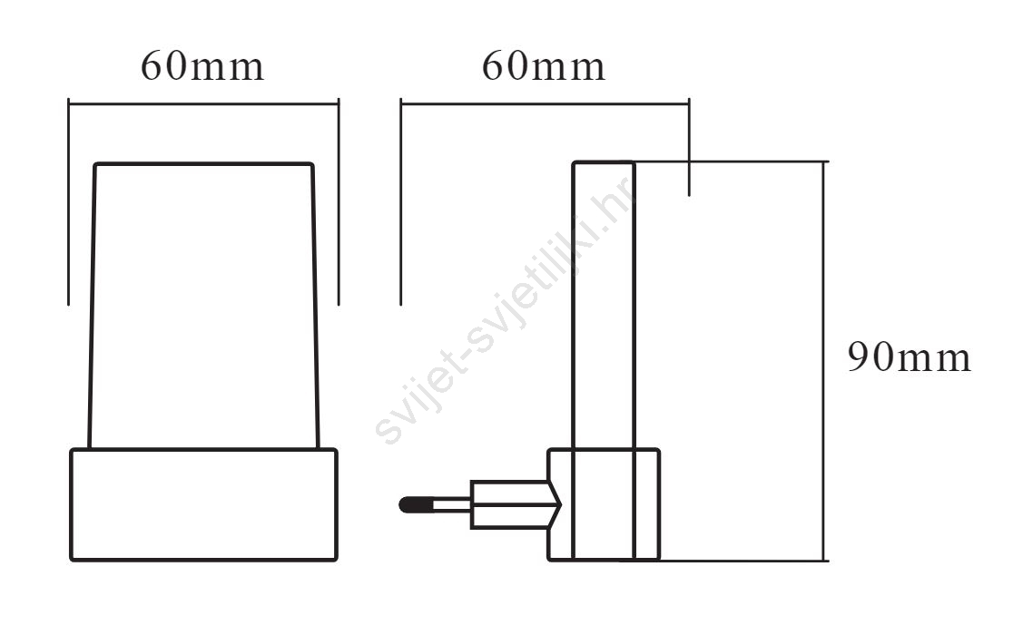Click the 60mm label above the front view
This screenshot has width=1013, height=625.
tap(202, 66)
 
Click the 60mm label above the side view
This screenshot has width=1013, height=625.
tap(544, 66)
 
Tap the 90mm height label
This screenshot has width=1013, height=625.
tap(909, 357)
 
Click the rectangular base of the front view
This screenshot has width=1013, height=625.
tap(203, 504)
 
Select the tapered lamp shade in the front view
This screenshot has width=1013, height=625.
tap(203, 305)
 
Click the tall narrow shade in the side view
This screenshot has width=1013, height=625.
tap(604, 305)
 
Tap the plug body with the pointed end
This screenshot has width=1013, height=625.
tap(516, 504)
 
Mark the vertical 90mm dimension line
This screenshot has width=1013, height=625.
tap(823, 361)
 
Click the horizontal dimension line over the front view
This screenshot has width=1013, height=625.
tap(203, 103)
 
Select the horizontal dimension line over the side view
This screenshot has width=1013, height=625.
tap(545, 103)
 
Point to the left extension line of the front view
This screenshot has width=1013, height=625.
tap(68, 202)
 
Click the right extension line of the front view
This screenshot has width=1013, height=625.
tap(339, 202)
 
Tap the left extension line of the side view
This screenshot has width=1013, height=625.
tap(400, 202)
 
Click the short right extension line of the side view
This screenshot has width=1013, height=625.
tap(689, 147)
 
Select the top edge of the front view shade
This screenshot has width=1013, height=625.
tap(203, 164)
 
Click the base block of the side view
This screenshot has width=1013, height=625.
tap(604, 504)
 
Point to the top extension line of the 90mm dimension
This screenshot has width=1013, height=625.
tap(732, 161)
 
